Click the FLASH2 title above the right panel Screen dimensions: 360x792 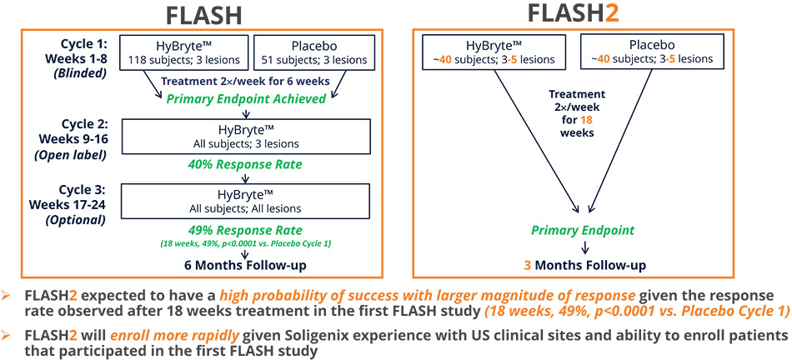click(x=589, y=14)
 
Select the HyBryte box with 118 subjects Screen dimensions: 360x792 click(x=183, y=52)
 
